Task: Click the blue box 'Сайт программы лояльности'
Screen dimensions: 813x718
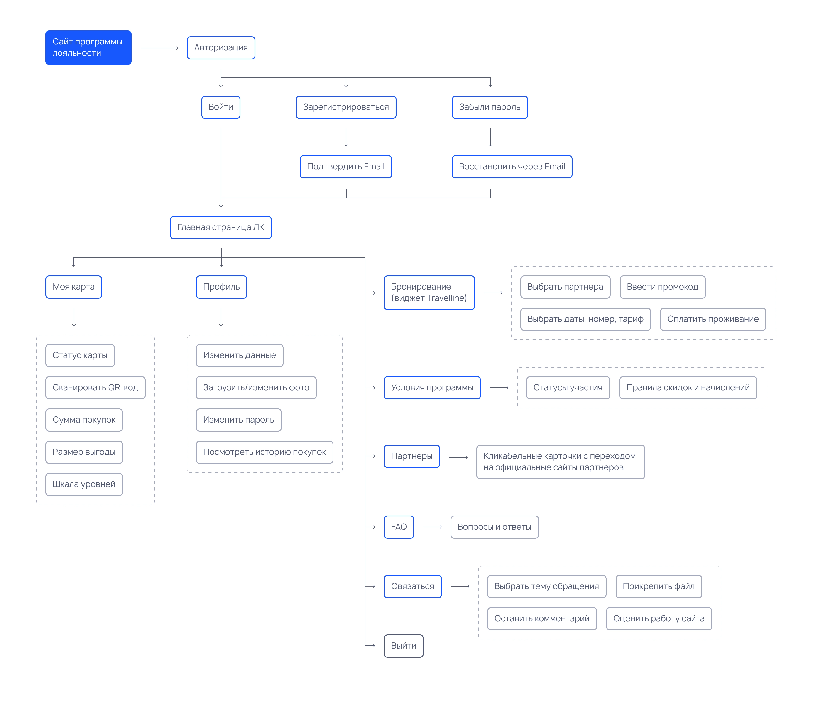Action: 88,47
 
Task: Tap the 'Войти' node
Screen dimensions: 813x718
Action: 221,107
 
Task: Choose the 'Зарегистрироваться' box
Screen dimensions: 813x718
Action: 346,107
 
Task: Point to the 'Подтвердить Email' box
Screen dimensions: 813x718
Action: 346,166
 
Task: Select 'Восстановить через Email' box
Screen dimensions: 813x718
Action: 512,166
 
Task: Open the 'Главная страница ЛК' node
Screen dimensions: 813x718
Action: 221,227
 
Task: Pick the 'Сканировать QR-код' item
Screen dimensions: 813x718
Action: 96,388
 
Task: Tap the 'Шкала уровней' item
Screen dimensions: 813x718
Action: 84,484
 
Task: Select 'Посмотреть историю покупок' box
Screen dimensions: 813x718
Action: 264,452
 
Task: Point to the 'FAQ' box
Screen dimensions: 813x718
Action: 399,527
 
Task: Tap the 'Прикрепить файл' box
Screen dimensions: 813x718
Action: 659,586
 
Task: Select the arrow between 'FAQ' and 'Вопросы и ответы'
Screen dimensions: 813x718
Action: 432,527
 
